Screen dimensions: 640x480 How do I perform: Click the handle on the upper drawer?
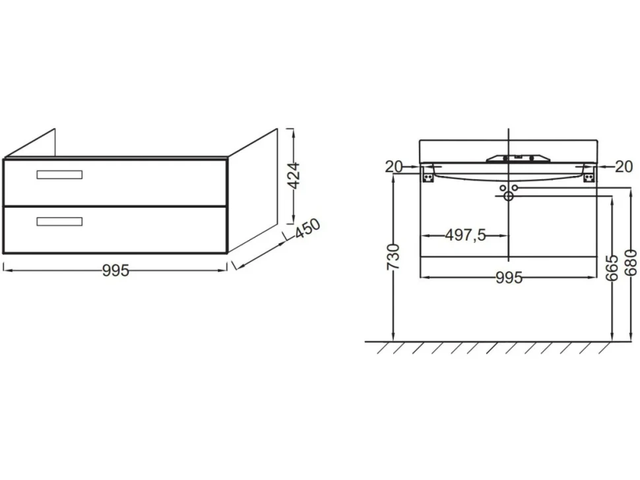coord(59,175)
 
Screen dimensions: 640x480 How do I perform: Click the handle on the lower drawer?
coord(59,222)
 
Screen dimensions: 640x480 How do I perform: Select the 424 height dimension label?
coord(294,176)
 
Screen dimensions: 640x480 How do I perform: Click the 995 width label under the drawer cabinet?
coord(115,270)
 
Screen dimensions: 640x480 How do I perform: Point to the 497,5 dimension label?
coord(465,235)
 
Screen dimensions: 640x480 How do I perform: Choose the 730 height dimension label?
coord(393,257)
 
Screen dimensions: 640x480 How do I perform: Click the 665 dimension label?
coord(612,268)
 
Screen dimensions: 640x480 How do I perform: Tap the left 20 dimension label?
coord(394,166)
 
